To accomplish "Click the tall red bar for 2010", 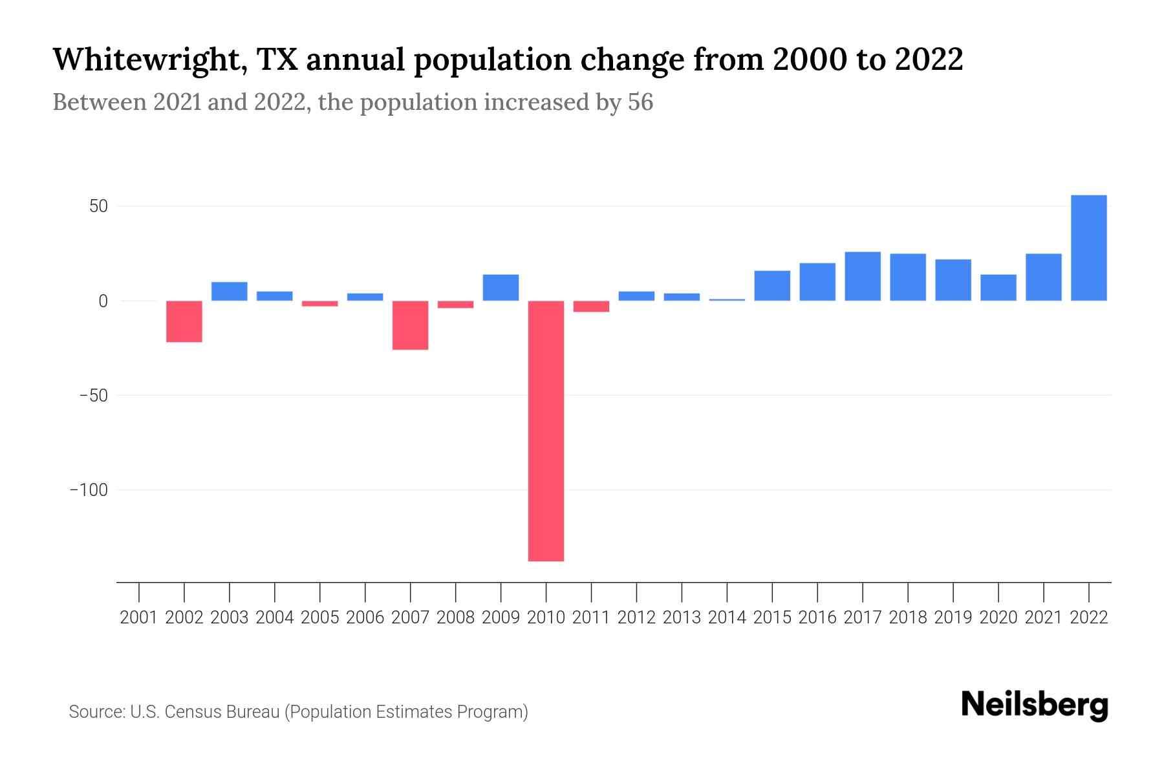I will pyautogui.click(x=546, y=431).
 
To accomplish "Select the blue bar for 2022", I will pyautogui.click(x=1088, y=248).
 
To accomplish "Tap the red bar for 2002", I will pyautogui.click(x=184, y=321).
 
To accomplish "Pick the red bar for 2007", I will pyautogui.click(x=410, y=325).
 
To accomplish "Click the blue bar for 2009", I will pyautogui.click(x=501, y=288).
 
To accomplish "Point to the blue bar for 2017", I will pyautogui.click(x=862, y=276).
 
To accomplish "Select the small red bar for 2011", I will pyautogui.click(x=591, y=307).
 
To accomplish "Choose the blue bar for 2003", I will pyautogui.click(x=230, y=292).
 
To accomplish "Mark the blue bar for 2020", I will pyautogui.click(x=998, y=288).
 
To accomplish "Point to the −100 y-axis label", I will pyautogui.click(x=89, y=490).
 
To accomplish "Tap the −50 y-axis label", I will pyautogui.click(x=93, y=396).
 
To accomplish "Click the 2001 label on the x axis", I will pyautogui.click(x=139, y=618).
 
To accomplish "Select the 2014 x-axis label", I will pyautogui.click(x=727, y=618).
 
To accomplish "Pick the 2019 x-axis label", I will pyautogui.click(x=953, y=618).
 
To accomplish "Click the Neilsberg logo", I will pyautogui.click(x=1035, y=706).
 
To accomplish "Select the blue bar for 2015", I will pyautogui.click(x=772, y=286).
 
